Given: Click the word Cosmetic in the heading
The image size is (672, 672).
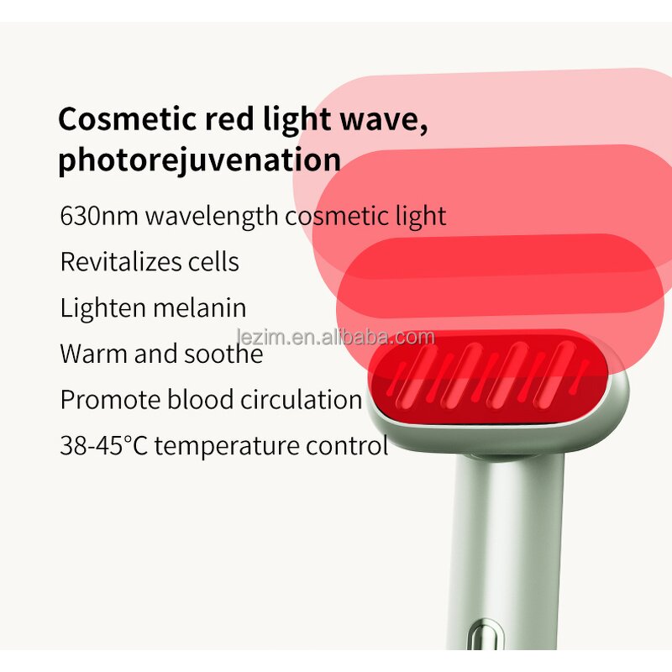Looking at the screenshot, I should click(127, 119).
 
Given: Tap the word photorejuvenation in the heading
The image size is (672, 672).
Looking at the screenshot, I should click(199, 159).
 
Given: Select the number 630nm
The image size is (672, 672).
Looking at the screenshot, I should click(99, 215).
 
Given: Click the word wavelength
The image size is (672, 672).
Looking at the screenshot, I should click(212, 216).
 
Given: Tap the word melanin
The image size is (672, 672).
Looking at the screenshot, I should click(199, 307).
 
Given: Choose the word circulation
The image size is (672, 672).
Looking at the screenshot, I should click(301, 399).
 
